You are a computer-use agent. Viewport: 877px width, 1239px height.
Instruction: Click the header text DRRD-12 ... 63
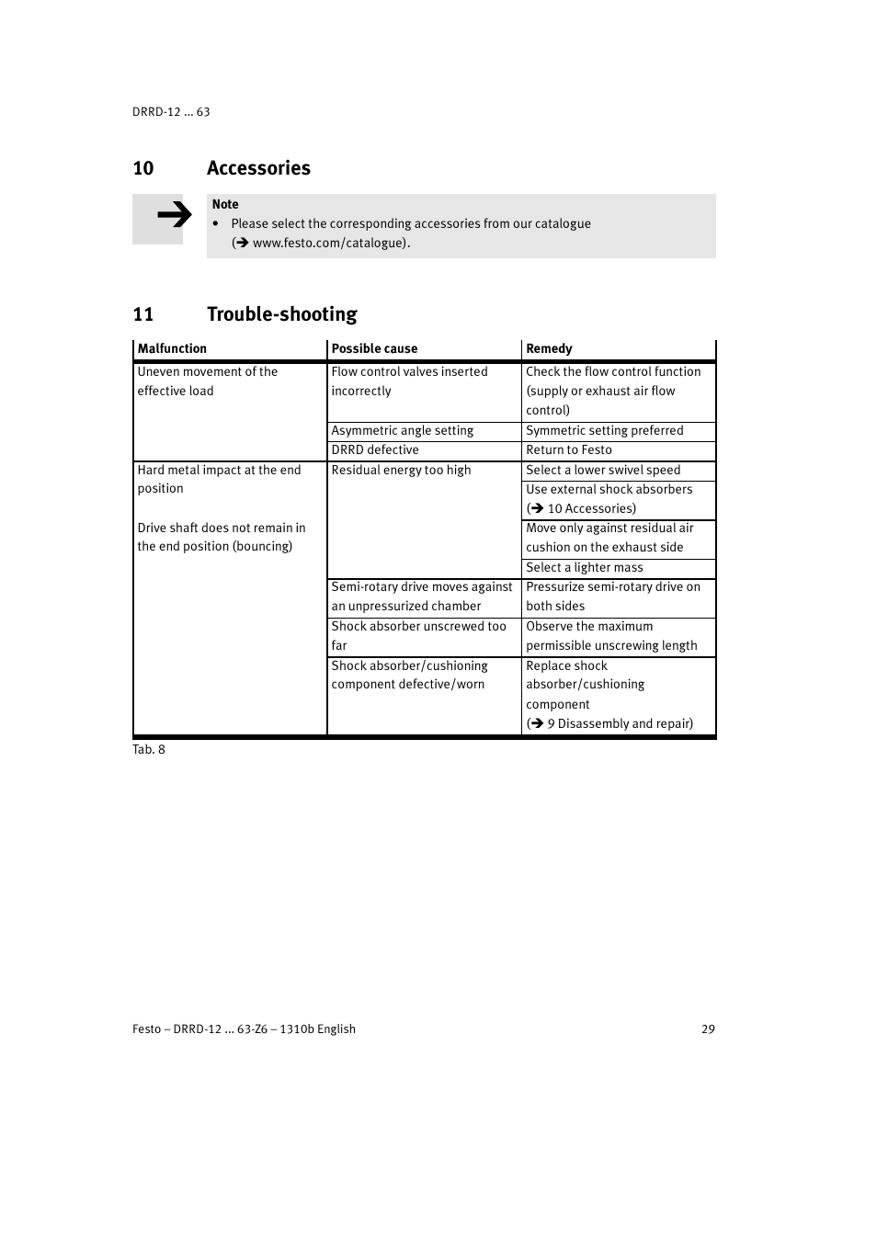[x=171, y=112]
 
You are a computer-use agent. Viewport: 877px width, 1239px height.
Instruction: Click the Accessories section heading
[x=258, y=168]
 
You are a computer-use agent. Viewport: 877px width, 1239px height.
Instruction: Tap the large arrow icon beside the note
[x=173, y=216]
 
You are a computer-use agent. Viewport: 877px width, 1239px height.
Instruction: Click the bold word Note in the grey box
[x=225, y=205]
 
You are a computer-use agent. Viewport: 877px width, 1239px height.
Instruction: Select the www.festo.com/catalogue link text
[x=328, y=244]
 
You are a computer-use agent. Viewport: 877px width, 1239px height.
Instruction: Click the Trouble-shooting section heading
[x=281, y=314]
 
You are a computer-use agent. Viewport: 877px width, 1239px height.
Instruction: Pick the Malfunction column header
[x=172, y=349]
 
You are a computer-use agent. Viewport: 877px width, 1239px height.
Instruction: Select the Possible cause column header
[x=374, y=349]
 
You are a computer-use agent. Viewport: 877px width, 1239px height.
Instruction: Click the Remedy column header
[x=549, y=349]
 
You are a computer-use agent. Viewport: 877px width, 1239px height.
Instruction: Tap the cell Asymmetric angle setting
[x=402, y=431]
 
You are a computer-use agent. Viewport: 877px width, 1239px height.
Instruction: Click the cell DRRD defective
[x=375, y=450]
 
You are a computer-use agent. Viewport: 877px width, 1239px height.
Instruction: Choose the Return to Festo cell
[x=568, y=450]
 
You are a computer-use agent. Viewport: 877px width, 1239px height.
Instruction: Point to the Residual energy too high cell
[x=401, y=471]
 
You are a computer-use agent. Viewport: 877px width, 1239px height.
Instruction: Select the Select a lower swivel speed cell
[x=603, y=471]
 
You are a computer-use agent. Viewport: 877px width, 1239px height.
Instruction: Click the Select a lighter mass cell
[x=584, y=568]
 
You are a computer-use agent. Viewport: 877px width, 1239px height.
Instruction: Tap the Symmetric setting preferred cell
[x=604, y=431]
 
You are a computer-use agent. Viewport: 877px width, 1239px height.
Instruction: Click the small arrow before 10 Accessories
[x=536, y=509]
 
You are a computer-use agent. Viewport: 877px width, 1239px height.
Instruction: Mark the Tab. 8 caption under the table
[x=149, y=750]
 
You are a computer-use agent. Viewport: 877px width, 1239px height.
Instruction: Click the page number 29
[x=708, y=1029]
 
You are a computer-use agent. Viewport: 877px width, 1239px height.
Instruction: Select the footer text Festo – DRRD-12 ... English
[x=244, y=1029]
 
